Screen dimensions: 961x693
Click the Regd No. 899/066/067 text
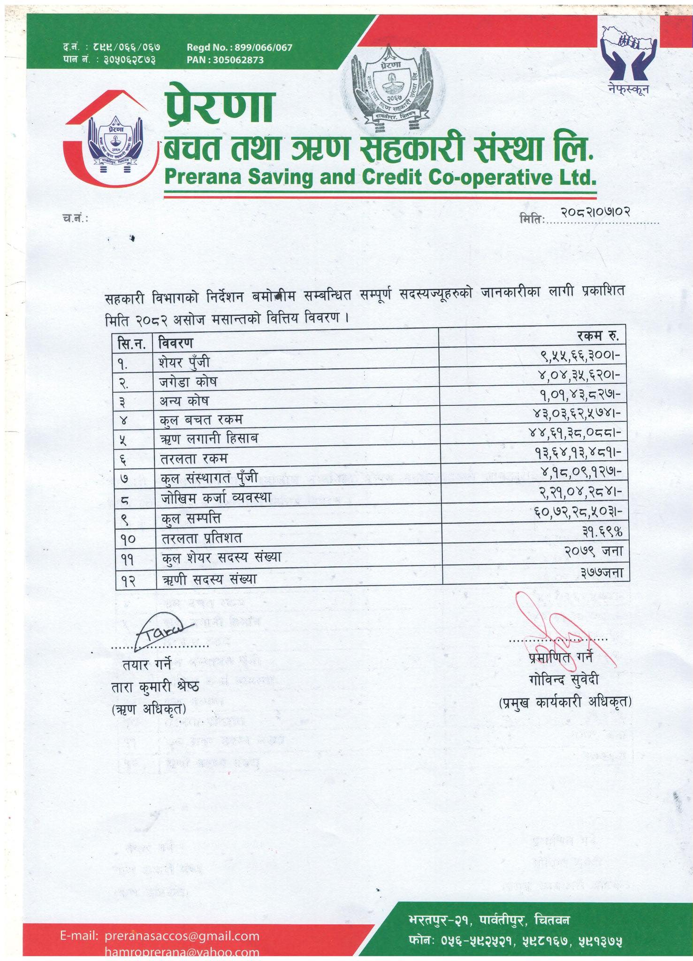[239, 47]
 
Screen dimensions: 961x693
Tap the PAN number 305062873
[225, 60]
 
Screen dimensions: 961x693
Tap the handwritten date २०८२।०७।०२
[595, 212]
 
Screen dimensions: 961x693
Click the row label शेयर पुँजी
[184, 362]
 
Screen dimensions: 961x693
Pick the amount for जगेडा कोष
[580, 375]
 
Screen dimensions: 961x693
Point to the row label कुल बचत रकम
[201, 419]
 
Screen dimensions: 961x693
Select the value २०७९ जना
[594, 551]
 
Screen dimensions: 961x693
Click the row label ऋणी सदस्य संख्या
[209, 580]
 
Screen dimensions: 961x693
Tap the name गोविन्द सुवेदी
[563, 679]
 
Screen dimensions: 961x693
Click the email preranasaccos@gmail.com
[182, 936]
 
